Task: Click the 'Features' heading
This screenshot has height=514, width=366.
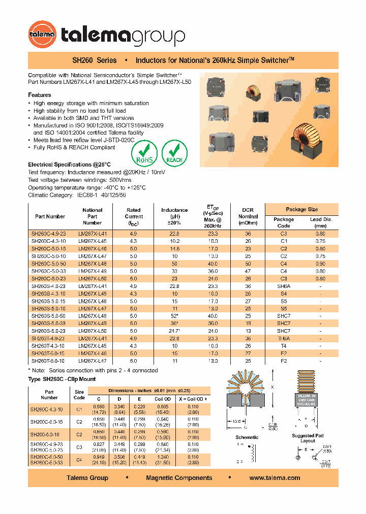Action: pyautogui.click(x=39, y=95)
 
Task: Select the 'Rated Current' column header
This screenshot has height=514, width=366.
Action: pyautogui.click(x=134, y=216)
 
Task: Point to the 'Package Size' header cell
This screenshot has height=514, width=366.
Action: pyautogui.click(x=301, y=209)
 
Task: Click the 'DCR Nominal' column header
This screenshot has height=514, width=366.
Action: pyautogui.click(x=248, y=216)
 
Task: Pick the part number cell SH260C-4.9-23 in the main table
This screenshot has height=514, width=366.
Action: pyautogui.click(x=49, y=233)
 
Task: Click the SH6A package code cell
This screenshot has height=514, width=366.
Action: pyautogui.click(x=284, y=286)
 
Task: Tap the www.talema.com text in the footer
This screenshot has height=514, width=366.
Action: pyautogui.click(x=274, y=477)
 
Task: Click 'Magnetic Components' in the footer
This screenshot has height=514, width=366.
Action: pyautogui.click(x=179, y=477)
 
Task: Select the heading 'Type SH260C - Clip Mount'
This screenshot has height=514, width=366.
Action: pyautogui.click(x=62, y=379)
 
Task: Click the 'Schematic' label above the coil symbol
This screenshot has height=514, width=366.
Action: pyautogui.click(x=247, y=437)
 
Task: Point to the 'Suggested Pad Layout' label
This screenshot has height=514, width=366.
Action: pyautogui.click(x=308, y=438)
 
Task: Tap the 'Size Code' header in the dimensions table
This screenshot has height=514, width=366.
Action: pyautogui.click(x=79, y=395)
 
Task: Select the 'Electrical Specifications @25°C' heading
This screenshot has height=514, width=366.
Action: pyautogui.click(x=69, y=165)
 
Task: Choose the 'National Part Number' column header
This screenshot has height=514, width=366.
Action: pyautogui.click(x=92, y=216)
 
